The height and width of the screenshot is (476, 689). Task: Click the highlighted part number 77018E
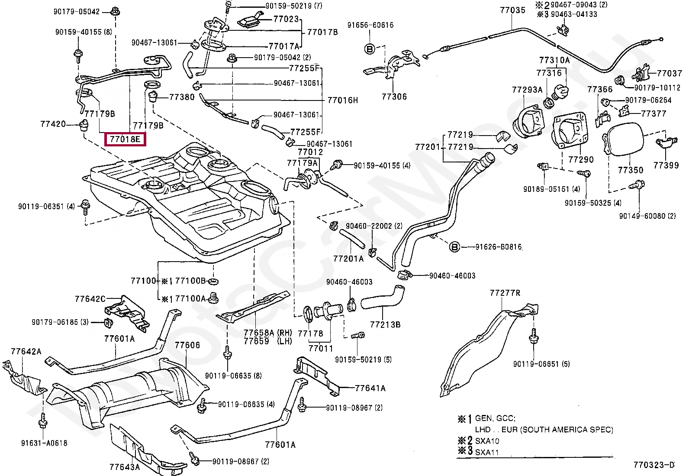[125, 139]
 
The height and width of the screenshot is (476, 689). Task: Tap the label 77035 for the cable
[512, 10]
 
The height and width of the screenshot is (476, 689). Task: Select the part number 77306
[394, 97]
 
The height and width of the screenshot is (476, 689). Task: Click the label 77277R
[505, 293]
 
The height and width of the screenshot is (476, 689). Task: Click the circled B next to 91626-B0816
[454, 247]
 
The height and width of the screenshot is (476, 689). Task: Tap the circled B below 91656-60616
[370, 49]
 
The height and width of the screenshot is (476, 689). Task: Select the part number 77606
[187, 345]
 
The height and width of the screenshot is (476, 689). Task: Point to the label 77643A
[125, 467]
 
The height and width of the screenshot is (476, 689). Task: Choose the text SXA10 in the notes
[487, 441]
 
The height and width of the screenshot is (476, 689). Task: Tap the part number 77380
[182, 97]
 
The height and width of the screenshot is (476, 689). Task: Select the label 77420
[53, 124]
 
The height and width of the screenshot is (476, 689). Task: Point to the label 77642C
[90, 299]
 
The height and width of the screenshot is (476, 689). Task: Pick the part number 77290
[581, 159]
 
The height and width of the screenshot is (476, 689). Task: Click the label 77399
[666, 165]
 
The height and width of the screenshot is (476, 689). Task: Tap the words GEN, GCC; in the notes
[495, 418]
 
